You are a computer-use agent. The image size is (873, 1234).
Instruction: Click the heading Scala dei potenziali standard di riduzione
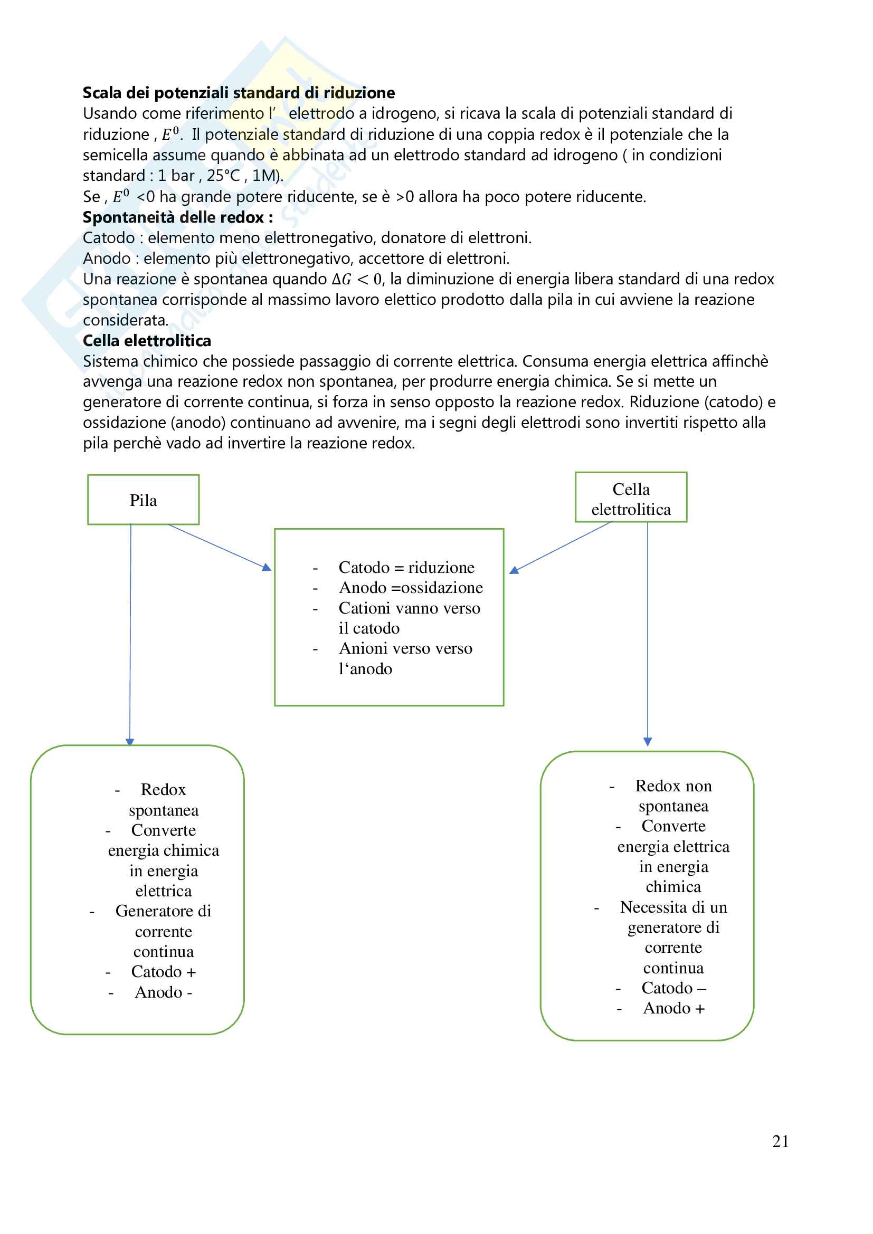pyautogui.click(x=239, y=93)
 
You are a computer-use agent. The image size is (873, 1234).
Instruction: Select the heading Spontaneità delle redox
pyautogui.click(x=177, y=217)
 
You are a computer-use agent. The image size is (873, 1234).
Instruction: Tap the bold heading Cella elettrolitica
pyautogui.click(x=147, y=341)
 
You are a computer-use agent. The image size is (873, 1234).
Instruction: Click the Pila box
pyautogui.click(x=143, y=500)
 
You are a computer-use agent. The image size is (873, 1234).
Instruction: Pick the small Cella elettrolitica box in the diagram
pyautogui.click(x=631, y=498)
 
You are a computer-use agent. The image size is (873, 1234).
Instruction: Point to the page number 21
pyautogui.click(x=780, y=1141)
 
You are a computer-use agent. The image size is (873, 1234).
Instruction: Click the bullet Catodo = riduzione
pyautogui.click(x=406, y=568)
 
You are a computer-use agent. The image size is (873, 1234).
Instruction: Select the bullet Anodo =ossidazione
pyautogui.click(x=411, y=588)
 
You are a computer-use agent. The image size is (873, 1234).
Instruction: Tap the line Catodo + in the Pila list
pyautogui.click(x=164, y=972)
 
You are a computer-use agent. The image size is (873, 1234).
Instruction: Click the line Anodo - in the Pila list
pyautogui.click(x=164, y=992)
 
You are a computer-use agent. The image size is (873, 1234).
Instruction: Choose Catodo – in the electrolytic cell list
pyautogui.click(x=673, y=988)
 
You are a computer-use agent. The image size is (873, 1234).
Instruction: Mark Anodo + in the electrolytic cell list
pyautogui.click(x=673, y=1008)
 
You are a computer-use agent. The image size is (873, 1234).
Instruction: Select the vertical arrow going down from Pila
pyautogui.click(x=130, y=634)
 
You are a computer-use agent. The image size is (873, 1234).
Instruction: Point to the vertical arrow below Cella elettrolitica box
pyautogui.click(x=647, y=634)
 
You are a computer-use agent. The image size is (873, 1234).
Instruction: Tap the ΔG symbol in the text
pyautogui.click(x=341, y=280)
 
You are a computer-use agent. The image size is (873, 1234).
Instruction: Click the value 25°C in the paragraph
pyautogui.click(x=223, y=176)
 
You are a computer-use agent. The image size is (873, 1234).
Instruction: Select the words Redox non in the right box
pyautogui.click(x=673, y=786)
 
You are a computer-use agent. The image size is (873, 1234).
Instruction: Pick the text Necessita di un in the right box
pyautogui.click(x=673, y=907)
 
